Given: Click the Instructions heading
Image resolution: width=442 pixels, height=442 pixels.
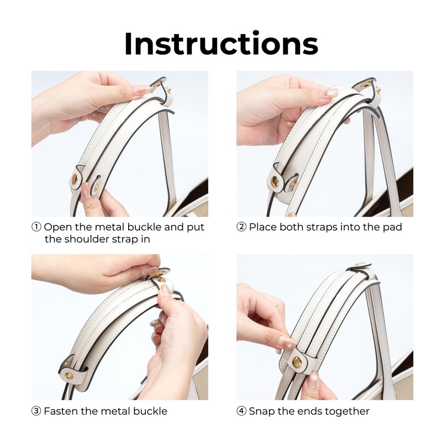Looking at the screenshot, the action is (x=222, y=44).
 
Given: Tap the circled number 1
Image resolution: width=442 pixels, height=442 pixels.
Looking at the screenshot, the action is (x=36, y=227).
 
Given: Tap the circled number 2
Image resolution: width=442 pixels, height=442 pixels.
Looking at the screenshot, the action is (x=241, y=227).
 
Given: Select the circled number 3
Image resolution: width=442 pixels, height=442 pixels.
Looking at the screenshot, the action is (x=36, y=411).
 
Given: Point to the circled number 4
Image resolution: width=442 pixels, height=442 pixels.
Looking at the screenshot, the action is (x=241, y=411).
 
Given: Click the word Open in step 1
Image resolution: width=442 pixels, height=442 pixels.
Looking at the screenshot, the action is (x=59, y=228).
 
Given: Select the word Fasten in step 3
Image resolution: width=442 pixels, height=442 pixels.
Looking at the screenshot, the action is (x=61, y=411).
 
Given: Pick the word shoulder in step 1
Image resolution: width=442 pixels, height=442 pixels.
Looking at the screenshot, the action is (x=87, y=239).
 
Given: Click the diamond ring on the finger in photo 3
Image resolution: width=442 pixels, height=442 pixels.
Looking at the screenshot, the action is (x=155, y=322).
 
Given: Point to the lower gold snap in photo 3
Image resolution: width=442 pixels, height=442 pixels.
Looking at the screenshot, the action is (x=69, y=376).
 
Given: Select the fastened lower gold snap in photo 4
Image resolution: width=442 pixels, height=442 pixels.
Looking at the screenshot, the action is (x=297, y=362).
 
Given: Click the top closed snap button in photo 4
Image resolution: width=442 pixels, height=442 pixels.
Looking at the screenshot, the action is (x=361, y=265).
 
